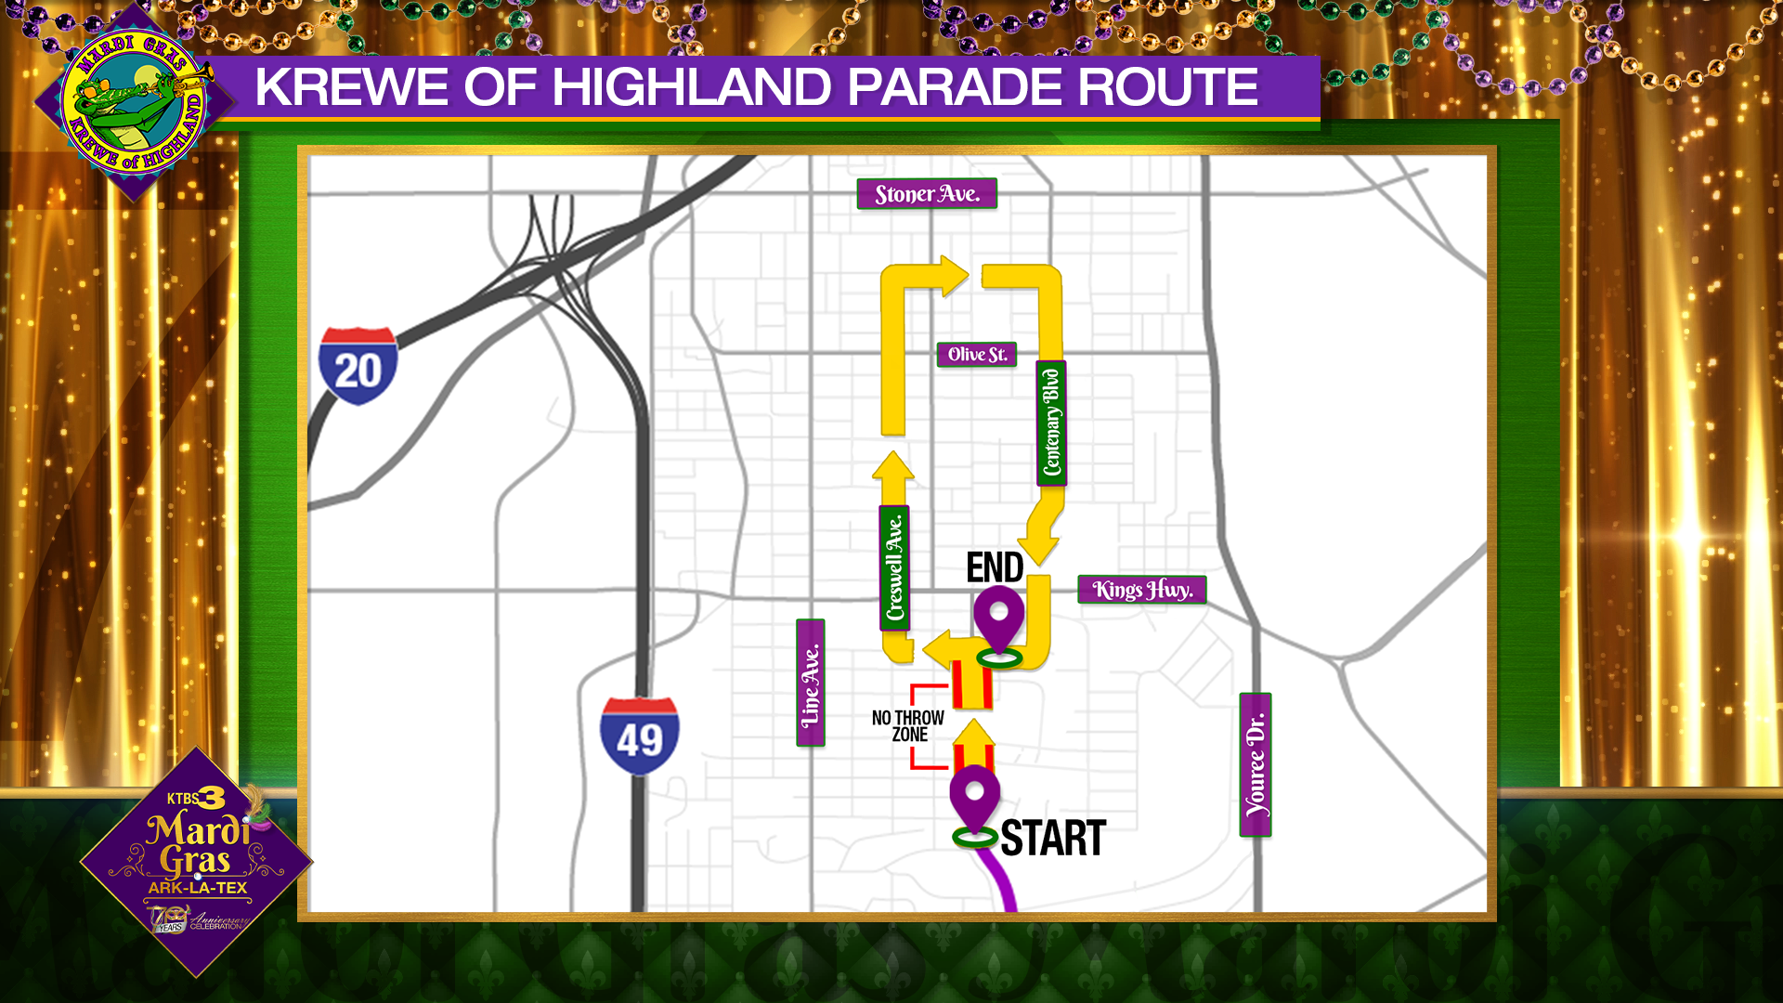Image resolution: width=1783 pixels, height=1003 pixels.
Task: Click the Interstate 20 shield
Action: click(x=358, y=366)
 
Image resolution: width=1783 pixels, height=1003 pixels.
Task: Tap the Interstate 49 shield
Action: click(x=639, y=736)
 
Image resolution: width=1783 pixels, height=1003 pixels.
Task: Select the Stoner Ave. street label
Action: click(x=927, y=194)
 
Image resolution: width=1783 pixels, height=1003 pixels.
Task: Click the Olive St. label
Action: click(x=977, y=355)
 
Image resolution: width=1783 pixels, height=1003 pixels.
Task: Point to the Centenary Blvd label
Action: click(x=1051, y=423)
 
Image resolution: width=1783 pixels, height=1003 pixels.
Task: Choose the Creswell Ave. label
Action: click(x=894, y=568)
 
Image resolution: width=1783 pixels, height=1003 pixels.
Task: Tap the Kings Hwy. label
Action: click(x=1142, y=590)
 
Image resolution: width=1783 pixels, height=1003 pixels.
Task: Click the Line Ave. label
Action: click(x=811, y=684)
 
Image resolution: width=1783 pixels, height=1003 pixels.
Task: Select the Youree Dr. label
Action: click(x=1256, y=764)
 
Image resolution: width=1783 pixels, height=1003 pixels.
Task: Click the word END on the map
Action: click(x=995, y=567)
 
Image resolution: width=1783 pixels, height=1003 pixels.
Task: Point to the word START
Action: click(x=1053, y=839)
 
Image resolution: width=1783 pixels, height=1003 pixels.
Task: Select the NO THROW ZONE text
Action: click(x=908, y=726)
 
